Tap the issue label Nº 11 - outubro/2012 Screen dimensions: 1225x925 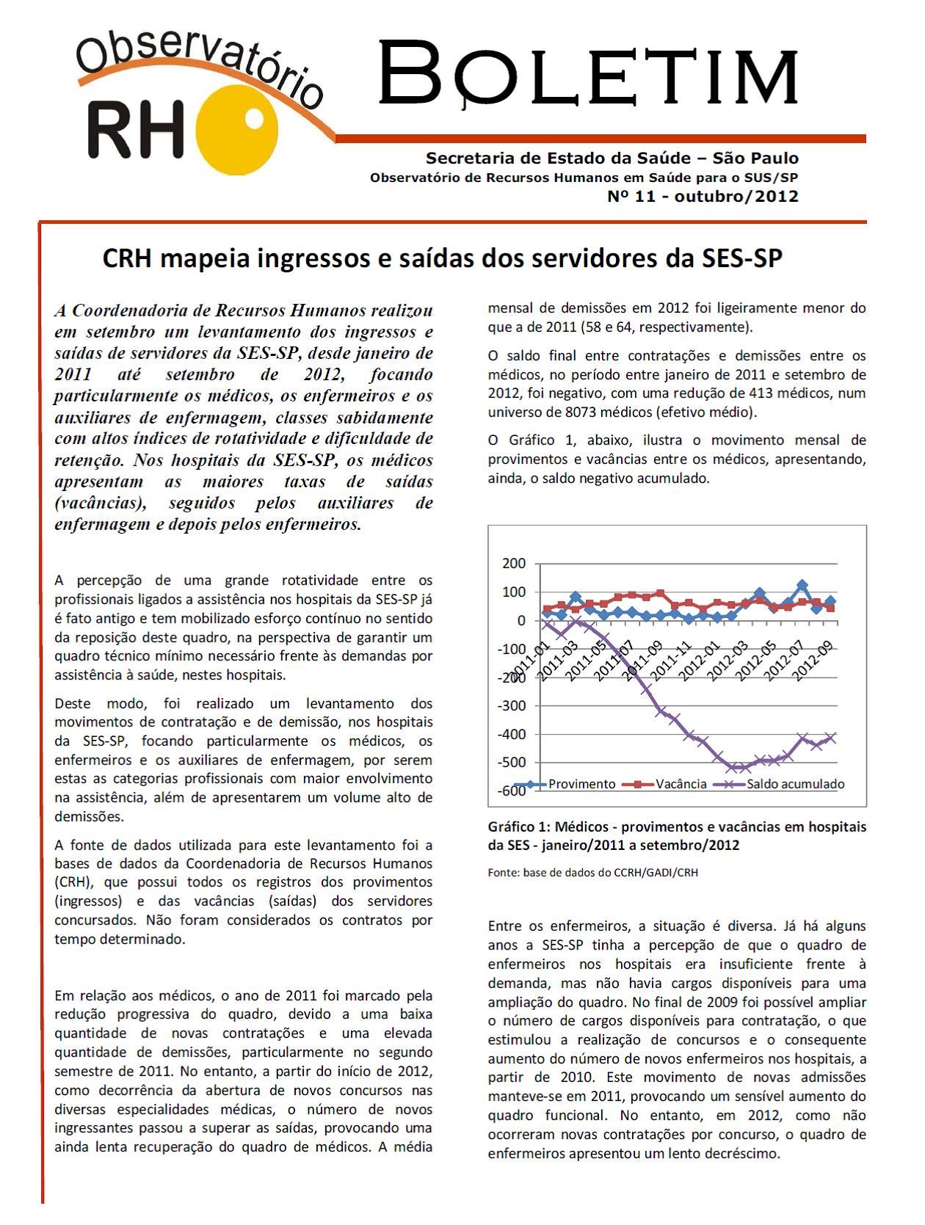[x=702, y=197]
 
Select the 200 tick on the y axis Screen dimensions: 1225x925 [x=513, y=564]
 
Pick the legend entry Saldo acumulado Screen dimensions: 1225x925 [x=795, y=784]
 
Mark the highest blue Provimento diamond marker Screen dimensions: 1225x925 [x=802, y=586]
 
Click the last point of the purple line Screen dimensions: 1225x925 [x=831, y=738]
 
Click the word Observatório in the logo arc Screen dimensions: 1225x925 [x=198, y=68]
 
